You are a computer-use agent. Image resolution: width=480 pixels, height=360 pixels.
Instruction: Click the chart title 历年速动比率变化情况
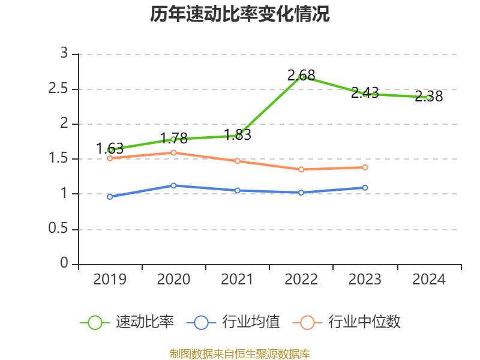(240, 14)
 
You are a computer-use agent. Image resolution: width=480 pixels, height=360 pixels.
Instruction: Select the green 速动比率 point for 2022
(302, 77)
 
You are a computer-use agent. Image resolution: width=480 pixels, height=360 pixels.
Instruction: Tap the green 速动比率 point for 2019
(110, 150)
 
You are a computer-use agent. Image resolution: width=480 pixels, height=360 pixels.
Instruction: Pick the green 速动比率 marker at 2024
(429, 97)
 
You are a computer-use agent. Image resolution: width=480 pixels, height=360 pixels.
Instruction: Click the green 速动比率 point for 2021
(238, 136)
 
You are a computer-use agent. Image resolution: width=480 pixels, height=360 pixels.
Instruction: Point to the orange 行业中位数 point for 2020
(174, 152)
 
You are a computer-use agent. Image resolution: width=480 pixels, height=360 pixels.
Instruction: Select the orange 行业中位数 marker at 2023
(365, 167)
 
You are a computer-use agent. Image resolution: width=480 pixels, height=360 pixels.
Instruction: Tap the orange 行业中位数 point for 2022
(301, 169)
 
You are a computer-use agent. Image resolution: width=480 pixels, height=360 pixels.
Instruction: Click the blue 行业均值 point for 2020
(174, 185)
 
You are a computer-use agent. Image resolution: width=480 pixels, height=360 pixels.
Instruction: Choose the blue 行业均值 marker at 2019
(110, 196)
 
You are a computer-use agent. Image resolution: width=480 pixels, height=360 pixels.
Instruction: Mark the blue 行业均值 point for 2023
(365, 187)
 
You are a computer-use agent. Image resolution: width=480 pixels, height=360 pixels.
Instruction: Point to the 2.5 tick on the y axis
(59, 89)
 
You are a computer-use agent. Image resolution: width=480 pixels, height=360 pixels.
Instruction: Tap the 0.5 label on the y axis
(59, 230)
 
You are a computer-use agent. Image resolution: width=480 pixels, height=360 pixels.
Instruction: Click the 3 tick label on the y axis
(64, 54)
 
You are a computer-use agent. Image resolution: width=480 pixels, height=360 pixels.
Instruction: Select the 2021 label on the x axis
(238, 280)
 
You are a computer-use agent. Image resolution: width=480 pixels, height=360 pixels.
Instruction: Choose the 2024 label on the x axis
(429, 280)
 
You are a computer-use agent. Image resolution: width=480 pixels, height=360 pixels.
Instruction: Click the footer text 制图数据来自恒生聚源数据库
(240, 353)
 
